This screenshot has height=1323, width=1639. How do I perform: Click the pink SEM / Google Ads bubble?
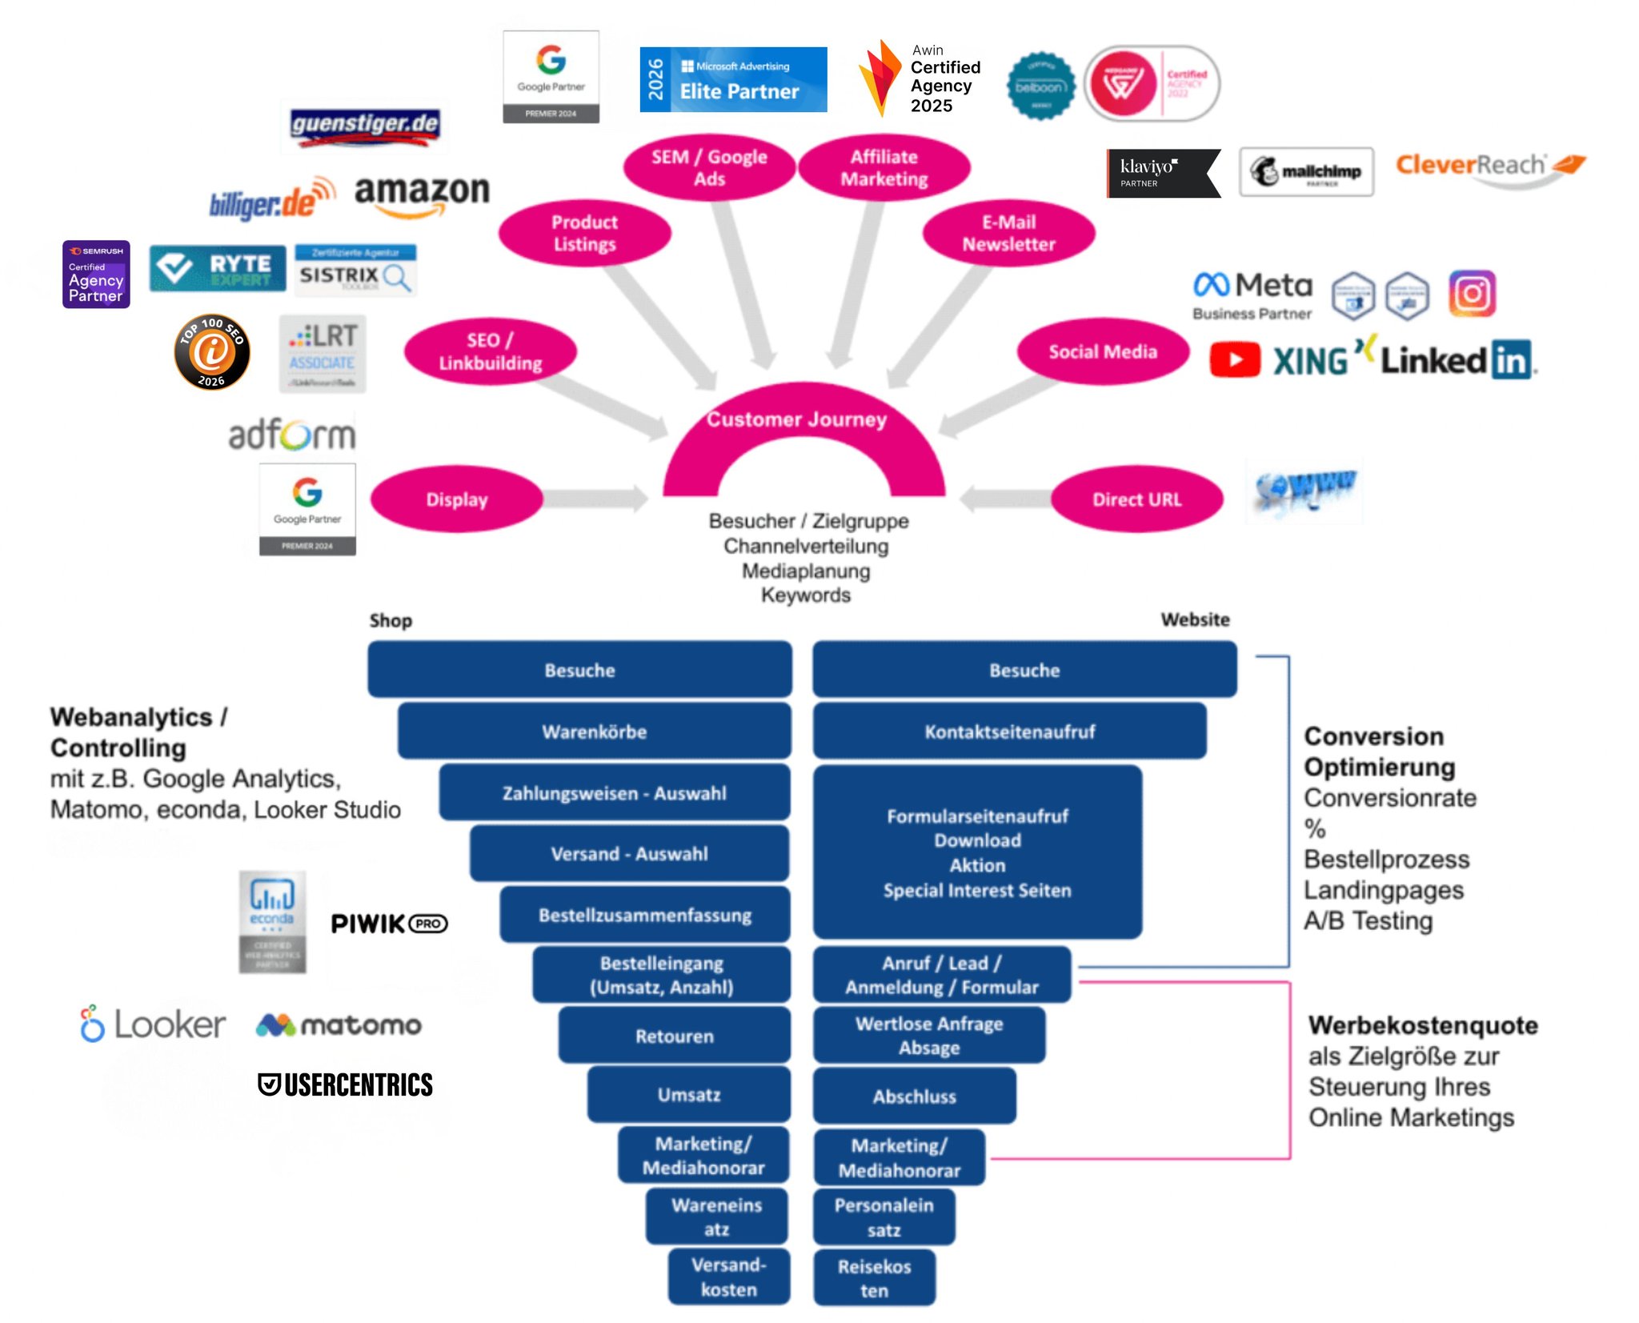[709, 167]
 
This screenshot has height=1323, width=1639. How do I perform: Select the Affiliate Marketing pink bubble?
[884, 167]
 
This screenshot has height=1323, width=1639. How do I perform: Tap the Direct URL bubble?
[1136, 499]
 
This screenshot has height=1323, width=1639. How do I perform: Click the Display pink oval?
[456, 499]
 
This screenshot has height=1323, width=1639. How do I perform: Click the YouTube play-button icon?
[1234, 360]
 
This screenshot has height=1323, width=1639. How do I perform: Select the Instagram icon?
[1471, 294]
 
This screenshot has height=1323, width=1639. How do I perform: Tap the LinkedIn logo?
[1457, 360]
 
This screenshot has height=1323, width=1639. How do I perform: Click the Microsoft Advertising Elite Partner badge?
[733, 79]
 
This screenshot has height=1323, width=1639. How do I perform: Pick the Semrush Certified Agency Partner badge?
[96, 275]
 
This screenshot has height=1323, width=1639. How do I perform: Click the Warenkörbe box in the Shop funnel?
[594, 732]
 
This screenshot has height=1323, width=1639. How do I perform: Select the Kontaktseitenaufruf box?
[1009, 732]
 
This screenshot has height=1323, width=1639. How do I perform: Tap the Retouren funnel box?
[674, 1036]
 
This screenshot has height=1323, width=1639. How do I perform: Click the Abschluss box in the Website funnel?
[914, 1096]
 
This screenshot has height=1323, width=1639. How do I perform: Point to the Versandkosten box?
[728, 1277]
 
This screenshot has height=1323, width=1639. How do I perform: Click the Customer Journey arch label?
[796, 419]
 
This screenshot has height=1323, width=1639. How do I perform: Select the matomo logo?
[339, 1024]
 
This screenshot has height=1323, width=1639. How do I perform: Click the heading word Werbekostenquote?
[1423, 1025]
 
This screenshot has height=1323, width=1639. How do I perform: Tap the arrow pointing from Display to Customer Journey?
[596, 499]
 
